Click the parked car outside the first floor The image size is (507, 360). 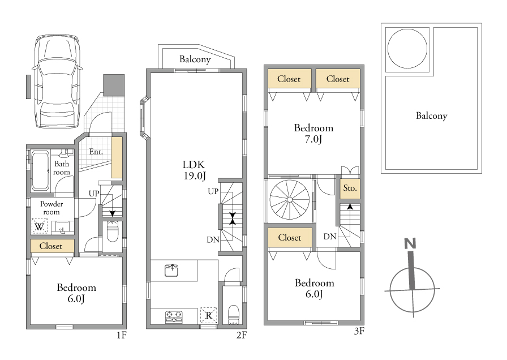(57, 81)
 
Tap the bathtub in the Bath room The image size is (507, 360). (40, 170)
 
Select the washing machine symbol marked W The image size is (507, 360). (40, 226)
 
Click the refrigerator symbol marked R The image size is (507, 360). (209, 315)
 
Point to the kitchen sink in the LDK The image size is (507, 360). (173, 271)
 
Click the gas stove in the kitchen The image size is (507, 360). (174, 317)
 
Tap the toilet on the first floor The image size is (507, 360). (112, 232)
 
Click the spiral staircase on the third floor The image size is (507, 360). (290, 199)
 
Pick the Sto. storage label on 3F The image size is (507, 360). (350, 188)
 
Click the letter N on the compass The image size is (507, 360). (410, 243)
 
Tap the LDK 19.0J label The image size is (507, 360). (194, 170)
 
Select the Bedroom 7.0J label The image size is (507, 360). (313, 133)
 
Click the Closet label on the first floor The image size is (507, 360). (51, 246)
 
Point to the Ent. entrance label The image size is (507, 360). (96, 151)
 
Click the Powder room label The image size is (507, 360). (51, 208)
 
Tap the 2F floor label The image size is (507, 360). (241, 335)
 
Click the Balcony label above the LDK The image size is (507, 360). (195, 59)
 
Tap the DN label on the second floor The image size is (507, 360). (213, 239)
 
